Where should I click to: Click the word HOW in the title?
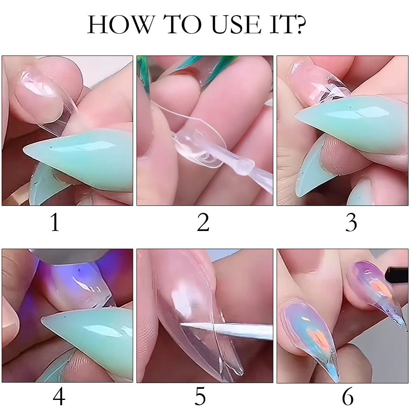[119, 25]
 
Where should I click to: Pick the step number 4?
[59, 397]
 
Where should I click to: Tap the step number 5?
[200, 397]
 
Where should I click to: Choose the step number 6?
[347, 397]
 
